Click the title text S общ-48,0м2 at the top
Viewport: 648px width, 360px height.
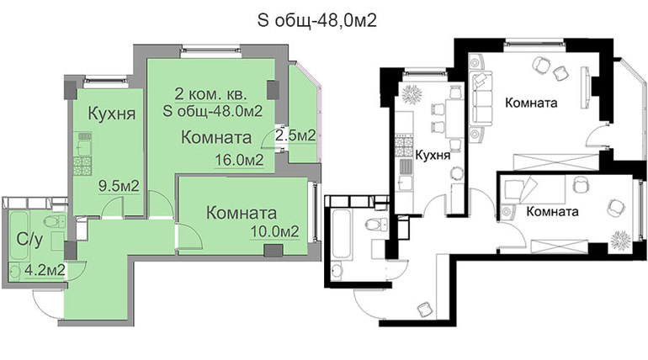click(317, 20)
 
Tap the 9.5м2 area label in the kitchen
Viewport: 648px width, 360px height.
click(119, 186)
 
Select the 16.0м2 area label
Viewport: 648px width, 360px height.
click(239, 160)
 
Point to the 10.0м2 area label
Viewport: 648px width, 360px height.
click(275, 231)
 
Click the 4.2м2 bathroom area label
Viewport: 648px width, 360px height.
click(45, 270)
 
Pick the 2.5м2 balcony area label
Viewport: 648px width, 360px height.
click(296, 135)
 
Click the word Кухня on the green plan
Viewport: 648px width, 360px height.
click(112, 114)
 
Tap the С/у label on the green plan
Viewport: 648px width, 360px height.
click(29, 240)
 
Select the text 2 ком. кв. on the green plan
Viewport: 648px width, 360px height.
click(210, 94)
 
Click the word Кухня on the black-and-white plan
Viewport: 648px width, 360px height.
click(433, 156)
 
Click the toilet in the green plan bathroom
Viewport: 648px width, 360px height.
click(54, 221)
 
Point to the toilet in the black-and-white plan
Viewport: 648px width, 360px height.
click(375, 225)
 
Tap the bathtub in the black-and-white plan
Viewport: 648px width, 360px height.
click(343, 236)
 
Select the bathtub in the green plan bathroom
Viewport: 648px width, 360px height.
click(19, 236)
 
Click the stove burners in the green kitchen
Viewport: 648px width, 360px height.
click(82, 167)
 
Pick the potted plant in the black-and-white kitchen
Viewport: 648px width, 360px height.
click(412, 94)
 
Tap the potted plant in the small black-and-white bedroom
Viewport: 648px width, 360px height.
click(621, 240)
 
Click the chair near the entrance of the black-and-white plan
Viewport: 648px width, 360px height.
click(424, 309)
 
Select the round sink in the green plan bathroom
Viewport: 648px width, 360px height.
click(15, 271)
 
